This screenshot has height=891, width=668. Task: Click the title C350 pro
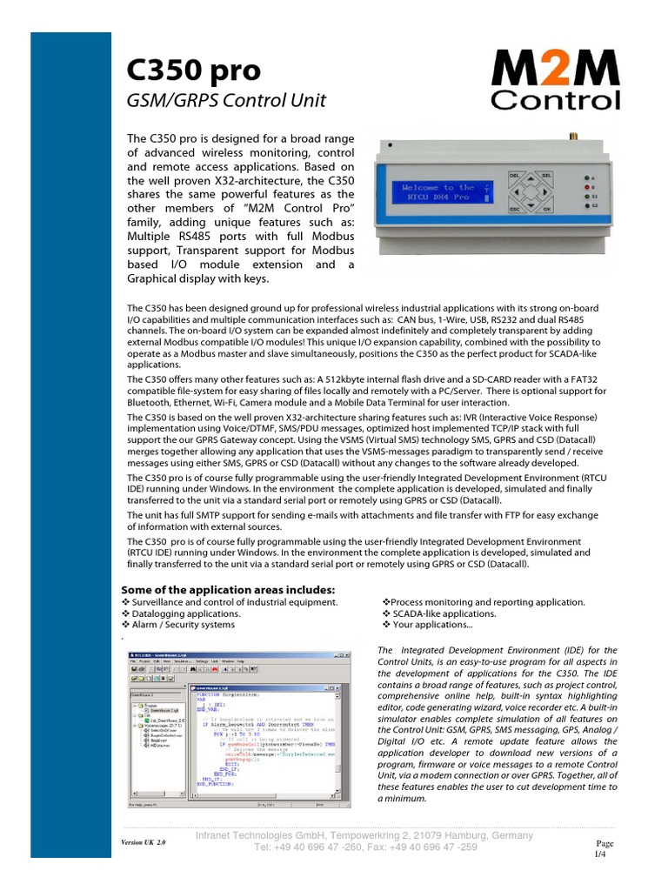click(192, 69)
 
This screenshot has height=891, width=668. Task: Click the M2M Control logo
click(556, 80)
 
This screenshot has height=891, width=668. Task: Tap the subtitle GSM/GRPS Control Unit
click(226, 100)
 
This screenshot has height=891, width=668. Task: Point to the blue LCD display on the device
click(444, 192)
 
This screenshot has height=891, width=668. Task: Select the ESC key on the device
click(514, 209)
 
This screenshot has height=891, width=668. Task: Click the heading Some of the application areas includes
click(231, 589)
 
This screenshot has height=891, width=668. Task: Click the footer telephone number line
click(365, 847)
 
